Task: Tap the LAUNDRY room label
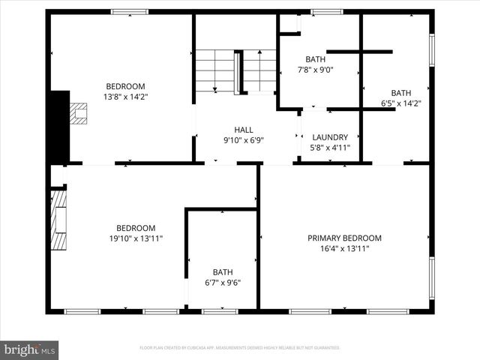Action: click(330, 137)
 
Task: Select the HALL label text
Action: click(244, 129)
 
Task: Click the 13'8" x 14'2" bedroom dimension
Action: click(125, 97)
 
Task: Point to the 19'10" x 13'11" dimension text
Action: click(135, 238)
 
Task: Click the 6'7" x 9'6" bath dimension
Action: click(223, 283)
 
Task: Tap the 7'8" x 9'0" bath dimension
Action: click(315, 70)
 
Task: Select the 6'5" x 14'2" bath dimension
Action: click(401, 103)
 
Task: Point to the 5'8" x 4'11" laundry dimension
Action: click(330, 148)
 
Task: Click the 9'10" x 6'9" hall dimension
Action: click(244, 139)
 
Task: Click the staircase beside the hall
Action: click(236, 71)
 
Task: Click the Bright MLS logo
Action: click(29, 349)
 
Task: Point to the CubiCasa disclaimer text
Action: click(240, 348)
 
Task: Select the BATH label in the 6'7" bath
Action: click(223, 272)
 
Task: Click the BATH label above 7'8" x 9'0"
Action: click(315, 59)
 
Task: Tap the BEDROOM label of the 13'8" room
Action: click(125, 86)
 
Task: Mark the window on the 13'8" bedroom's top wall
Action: click(130, 12)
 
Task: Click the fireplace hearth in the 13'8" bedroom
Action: click(77, 112)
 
